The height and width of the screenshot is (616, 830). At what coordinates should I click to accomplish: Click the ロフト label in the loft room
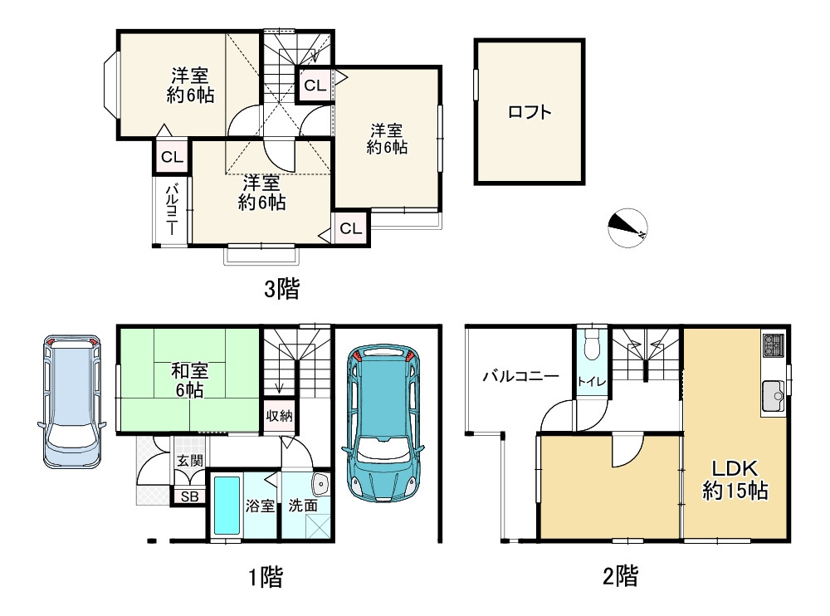529,112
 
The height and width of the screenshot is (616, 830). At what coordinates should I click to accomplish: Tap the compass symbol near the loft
627,227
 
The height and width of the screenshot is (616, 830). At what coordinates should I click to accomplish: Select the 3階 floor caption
281,289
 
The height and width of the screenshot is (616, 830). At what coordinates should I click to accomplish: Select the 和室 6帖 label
188,379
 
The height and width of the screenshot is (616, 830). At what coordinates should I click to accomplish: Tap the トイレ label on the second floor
591,381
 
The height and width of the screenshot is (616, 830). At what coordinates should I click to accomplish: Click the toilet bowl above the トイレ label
591,343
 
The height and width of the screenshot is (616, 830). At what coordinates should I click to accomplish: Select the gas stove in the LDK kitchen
773,345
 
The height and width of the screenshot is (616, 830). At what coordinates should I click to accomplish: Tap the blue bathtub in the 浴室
226,505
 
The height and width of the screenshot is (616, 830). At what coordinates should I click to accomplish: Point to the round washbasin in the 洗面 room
320,484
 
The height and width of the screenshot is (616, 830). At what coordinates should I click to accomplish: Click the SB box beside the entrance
189,496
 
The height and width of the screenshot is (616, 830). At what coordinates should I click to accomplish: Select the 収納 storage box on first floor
279,416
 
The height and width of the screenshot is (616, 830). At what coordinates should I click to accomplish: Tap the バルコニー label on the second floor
520,375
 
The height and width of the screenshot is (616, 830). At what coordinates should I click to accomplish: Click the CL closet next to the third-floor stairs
314,84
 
